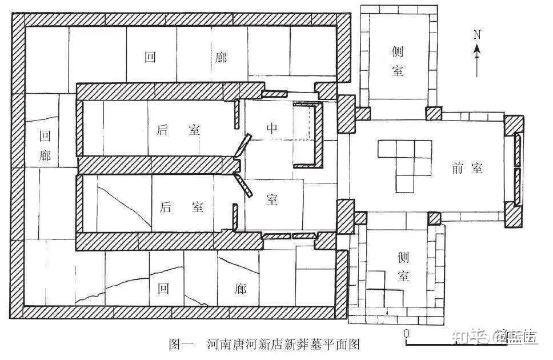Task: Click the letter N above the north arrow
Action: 477,34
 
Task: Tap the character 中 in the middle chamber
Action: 272,129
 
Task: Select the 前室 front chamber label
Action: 467,167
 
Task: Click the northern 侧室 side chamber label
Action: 399,61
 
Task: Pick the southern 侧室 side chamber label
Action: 403,266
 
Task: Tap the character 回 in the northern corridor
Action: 151,57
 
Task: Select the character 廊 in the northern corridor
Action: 221,57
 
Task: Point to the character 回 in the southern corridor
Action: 164,289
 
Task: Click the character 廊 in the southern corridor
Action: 240,289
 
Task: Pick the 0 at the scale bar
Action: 406,333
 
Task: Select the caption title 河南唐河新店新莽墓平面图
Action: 283,344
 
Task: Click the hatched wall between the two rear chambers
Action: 157,166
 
